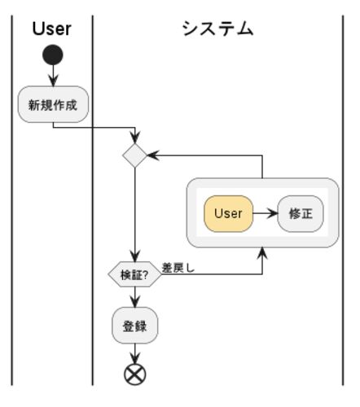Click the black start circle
pyautogui.click(x=53, y=55)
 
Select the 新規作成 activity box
pyautogui.click(x=53, y=104)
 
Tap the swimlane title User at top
pyautogui.click(x=52, y=28)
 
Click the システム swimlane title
pyautogui.click(x=217, y=28)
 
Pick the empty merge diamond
pyautogui.click(x=134, y=155)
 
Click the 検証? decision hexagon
pyautogui.click(x=134, y=274)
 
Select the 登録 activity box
pyautogui.click(x=134, y=326)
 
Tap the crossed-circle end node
pyautogui.click(x=134, y=374)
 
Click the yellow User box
pyautogui.click(x=228, y=213)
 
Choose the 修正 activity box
pyautogui.click(x=301, y=213)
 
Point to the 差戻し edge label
pyautogui.click(x=178, y=268)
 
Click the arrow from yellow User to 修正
pyautogui.click(x=266, y=213)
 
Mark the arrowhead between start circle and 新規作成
pyautogui.click(x=53, y=81)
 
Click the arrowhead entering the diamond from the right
pyautogui.click(x=153, y=155)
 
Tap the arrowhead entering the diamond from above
pyautogui.click(x=134, y=138)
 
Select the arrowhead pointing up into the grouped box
pyautogui.click(x=262, y=253)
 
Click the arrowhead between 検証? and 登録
pyautogui.click(x=134, y=302)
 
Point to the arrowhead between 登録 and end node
pyautogui.click(x=134, y=358)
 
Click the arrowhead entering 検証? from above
pyautogui.click(x=134, y=256)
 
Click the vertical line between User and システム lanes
pyautogui.click(x=92, y=200)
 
